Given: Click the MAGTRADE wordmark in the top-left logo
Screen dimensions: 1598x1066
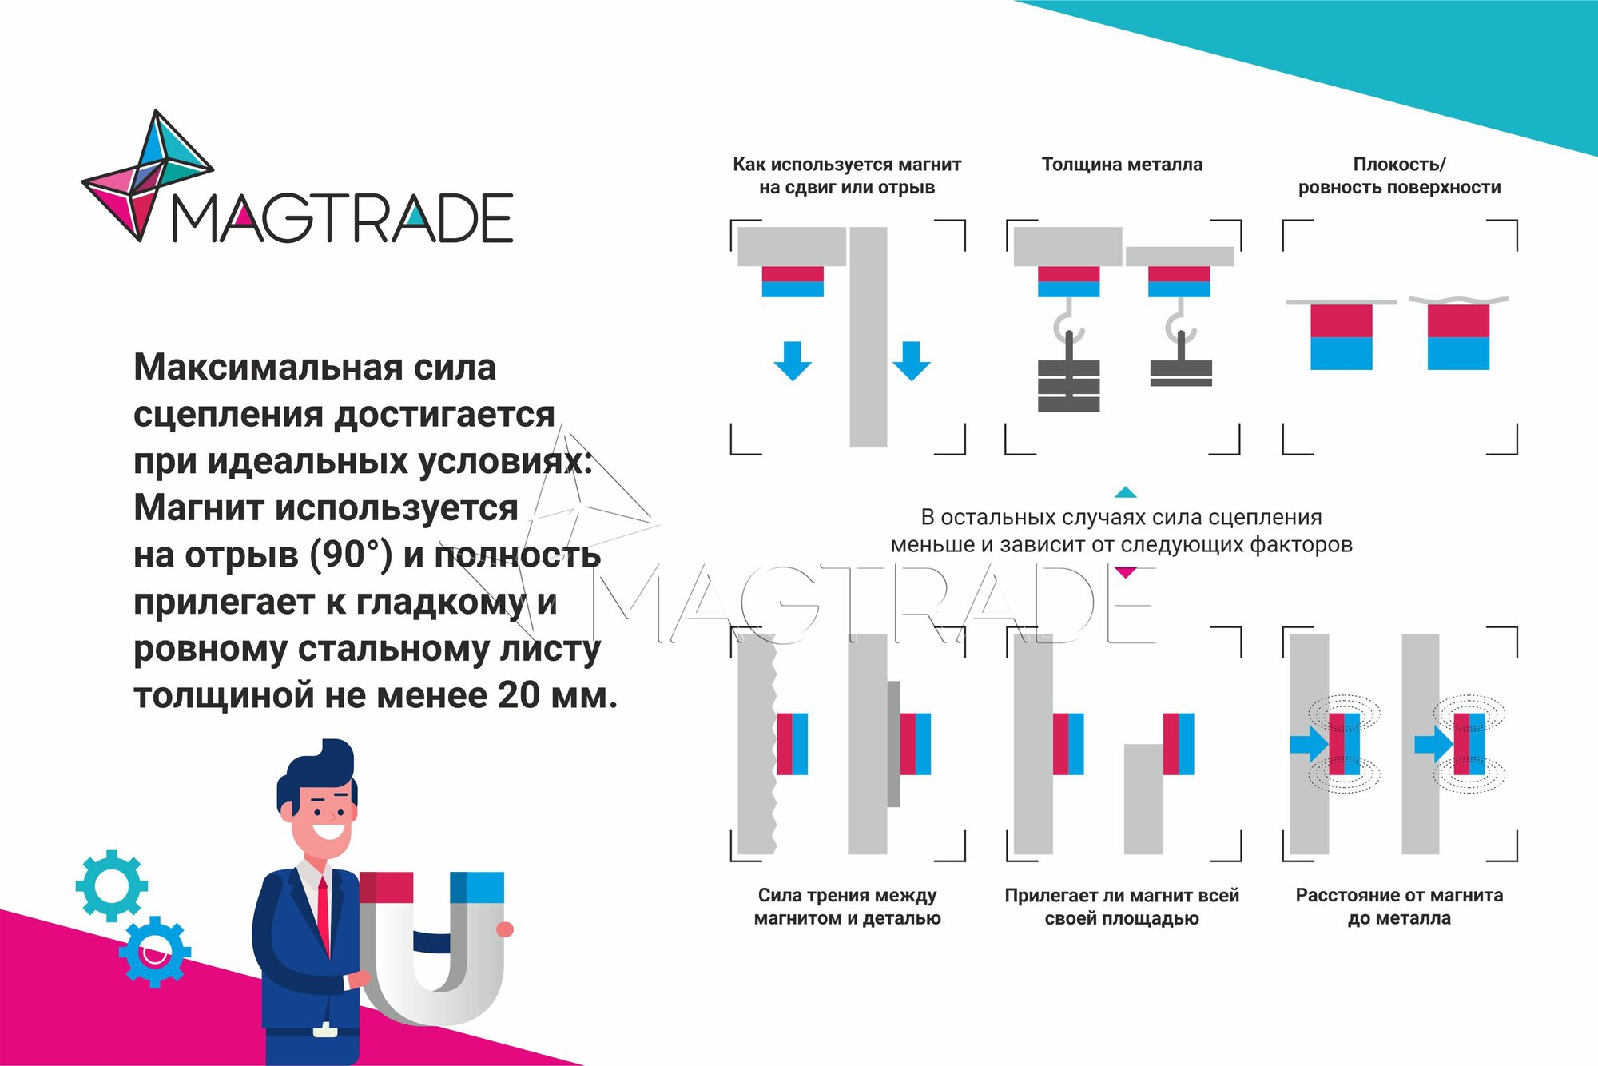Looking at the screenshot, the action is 342,217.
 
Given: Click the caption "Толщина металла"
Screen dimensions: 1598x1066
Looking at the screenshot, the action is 1122,165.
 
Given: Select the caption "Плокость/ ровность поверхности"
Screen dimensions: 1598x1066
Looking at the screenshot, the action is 1399,176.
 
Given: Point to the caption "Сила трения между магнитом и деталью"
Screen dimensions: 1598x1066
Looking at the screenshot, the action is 847,906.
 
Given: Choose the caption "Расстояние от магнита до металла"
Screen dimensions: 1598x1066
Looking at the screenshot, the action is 1399,906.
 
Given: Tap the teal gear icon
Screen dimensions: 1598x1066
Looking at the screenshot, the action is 111,885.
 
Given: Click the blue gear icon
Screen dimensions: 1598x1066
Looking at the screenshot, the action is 155,951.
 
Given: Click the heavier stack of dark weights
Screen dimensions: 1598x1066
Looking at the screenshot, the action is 1068,385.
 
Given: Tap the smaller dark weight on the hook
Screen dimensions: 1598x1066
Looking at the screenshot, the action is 1181,372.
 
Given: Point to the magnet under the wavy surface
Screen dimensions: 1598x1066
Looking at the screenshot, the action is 1458,336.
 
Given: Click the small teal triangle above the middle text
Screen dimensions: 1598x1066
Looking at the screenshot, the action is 1125,492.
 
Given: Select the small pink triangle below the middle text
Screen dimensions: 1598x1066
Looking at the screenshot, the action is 1125,572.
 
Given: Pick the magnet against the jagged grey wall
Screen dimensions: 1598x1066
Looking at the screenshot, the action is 792,743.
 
